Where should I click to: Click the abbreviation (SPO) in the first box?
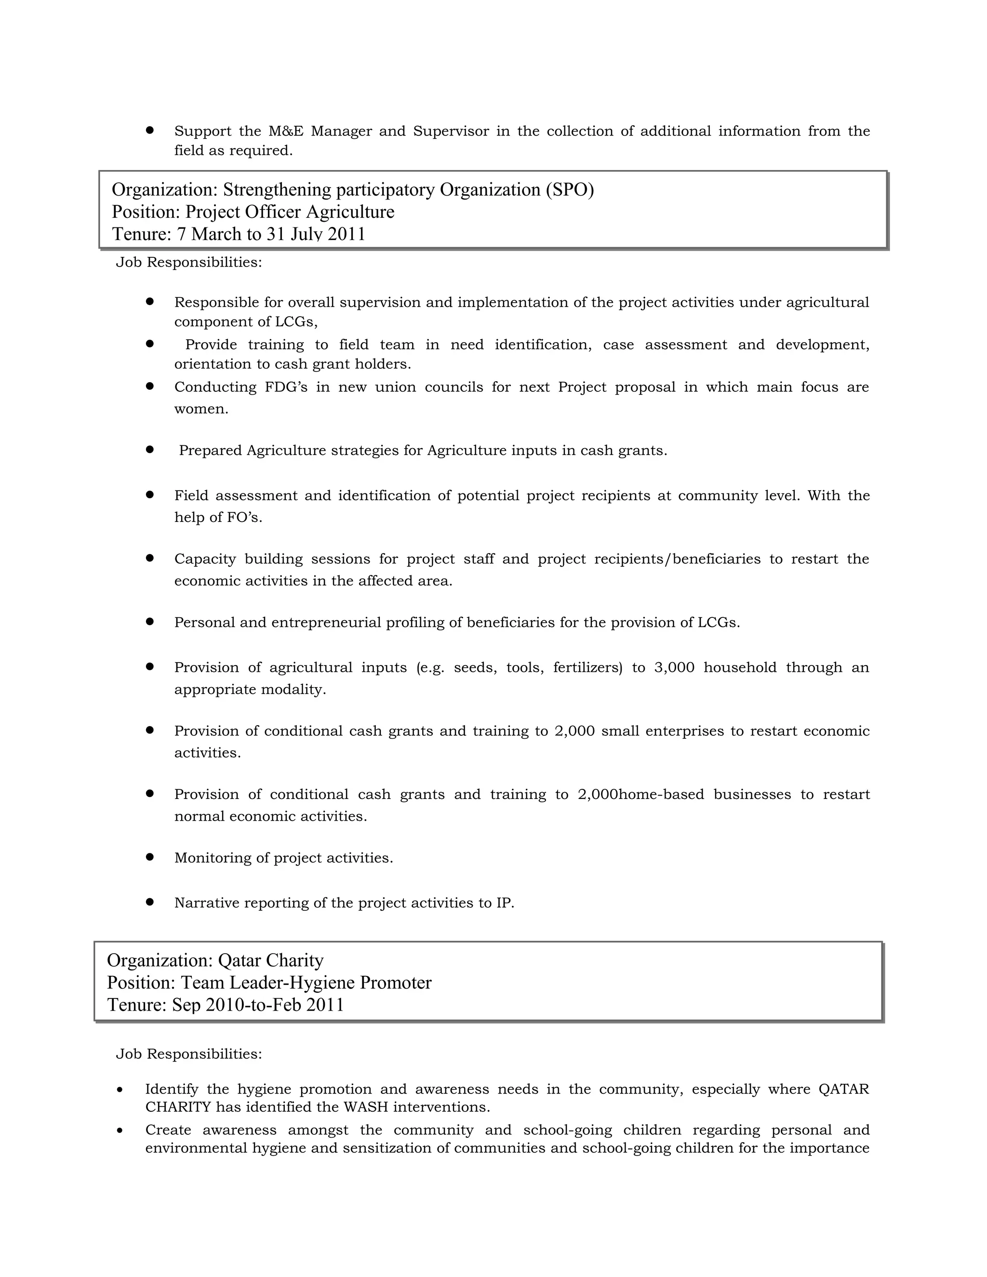click(x=570, y=190)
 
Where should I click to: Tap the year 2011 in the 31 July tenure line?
click(x=346, y=235)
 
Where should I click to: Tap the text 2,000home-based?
click(x=640, y=795)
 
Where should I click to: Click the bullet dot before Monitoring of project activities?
click(x=150, y=857)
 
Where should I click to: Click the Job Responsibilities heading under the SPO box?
click(x=188, y=263)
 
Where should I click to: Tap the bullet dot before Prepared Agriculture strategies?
click(x=150, y=450)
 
